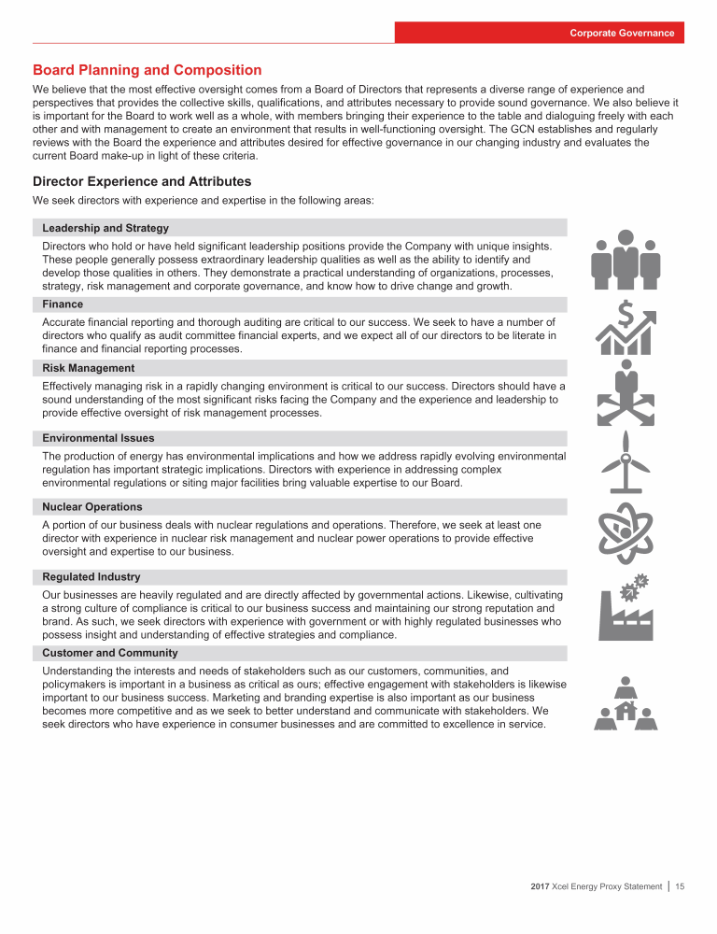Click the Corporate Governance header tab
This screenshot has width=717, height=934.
623,33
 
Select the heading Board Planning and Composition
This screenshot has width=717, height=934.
147,70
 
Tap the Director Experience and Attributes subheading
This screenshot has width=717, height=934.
141,181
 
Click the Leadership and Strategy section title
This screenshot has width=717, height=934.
105,228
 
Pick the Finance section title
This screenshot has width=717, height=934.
63,304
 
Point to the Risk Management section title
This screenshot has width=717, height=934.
89,368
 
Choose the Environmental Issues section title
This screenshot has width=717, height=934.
99,438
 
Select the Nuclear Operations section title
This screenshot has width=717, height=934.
92,507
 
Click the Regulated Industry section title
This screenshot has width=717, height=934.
91,577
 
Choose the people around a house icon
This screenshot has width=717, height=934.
626,703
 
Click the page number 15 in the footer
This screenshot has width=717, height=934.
680,886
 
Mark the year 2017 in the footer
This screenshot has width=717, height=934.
532,886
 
